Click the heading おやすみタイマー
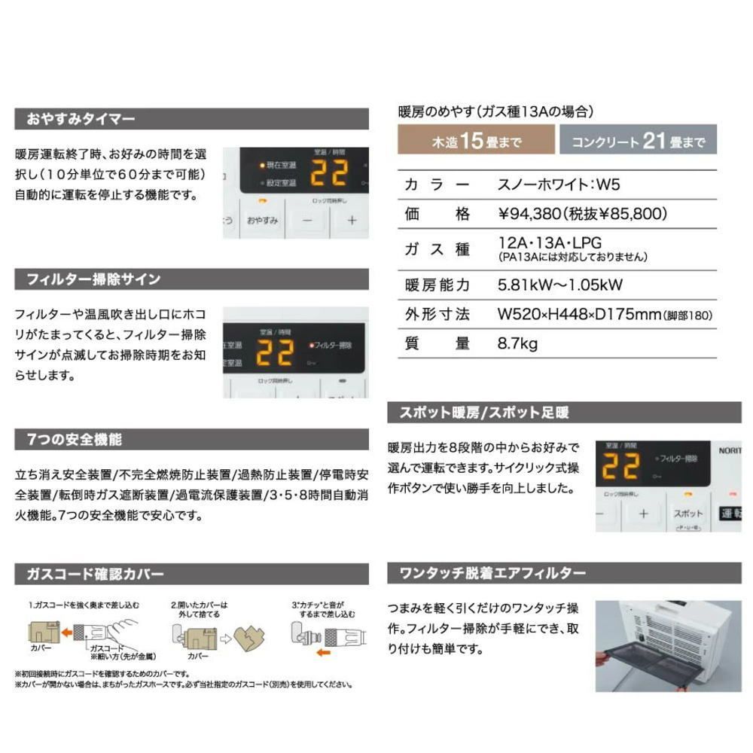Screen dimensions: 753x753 coord(81,119)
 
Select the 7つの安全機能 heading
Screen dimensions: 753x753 coord(74,439)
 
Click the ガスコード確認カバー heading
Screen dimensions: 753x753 coord(95,574)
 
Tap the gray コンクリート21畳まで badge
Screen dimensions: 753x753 coord(637,141)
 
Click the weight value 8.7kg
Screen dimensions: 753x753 coord(517,343)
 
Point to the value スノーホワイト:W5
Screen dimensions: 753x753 coord(549,184)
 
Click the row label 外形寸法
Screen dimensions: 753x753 coord(437,314)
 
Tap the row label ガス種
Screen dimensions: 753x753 coord(437,248)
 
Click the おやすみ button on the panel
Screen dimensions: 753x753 coord(263,220)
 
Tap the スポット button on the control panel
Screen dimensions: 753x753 coord(688,513)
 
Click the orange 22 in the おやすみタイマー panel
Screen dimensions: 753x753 coord(329,172)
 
